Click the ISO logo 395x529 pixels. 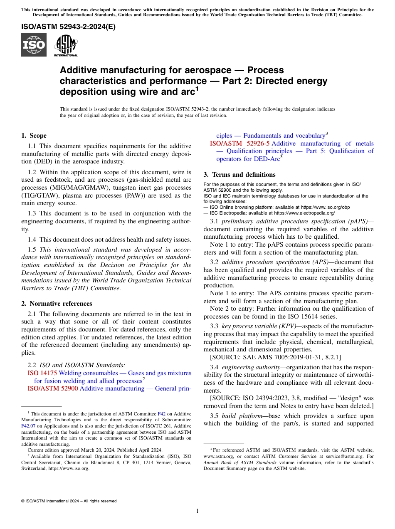click(x=34, y=45)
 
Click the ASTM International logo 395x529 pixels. click(x=66, y=45)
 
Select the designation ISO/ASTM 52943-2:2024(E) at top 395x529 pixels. click(x=69, y=27)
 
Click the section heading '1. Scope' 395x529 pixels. click(x=34, y=136)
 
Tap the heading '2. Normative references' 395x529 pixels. click(x=57, y=304)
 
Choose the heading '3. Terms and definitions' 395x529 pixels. click(x=239, y=175)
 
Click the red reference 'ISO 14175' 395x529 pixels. click(x=42, y=373)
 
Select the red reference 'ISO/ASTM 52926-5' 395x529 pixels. click(x=239, y=143)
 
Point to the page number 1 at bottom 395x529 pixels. click(x=197, y=511)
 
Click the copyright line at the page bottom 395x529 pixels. click(x=69, y=501)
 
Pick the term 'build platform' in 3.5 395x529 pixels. click(x=239, y=416)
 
